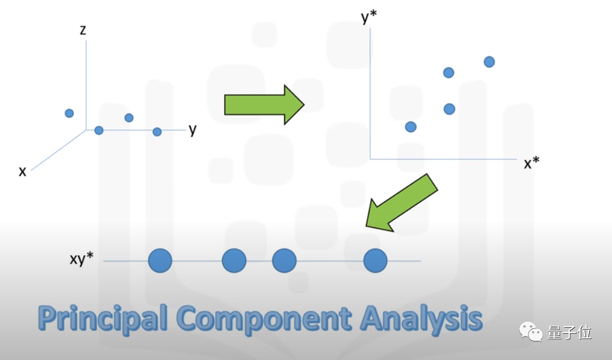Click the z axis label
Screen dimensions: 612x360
(x=83, y=30)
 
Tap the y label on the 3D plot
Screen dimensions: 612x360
(x=192, y=129)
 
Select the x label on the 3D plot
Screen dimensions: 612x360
(x=23, y=171)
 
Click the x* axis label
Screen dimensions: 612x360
(x=532, y=164)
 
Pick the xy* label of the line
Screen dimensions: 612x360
(x=81, y=260)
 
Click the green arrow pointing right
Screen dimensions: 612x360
(x=264, y=104)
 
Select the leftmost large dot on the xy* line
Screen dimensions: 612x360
(x=160, y=261)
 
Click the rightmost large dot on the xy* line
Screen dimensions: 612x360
(x=375, y=261)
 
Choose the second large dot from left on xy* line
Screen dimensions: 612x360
(x=234, y=261)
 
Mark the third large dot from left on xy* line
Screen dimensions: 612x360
(x=284, y=261)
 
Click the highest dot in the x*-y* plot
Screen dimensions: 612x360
(x=489, y=62)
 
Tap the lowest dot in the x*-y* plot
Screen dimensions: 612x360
(x=411, y=126)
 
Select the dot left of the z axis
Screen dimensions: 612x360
(x=69, y=113)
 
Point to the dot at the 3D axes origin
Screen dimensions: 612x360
(x=99, y=130)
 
